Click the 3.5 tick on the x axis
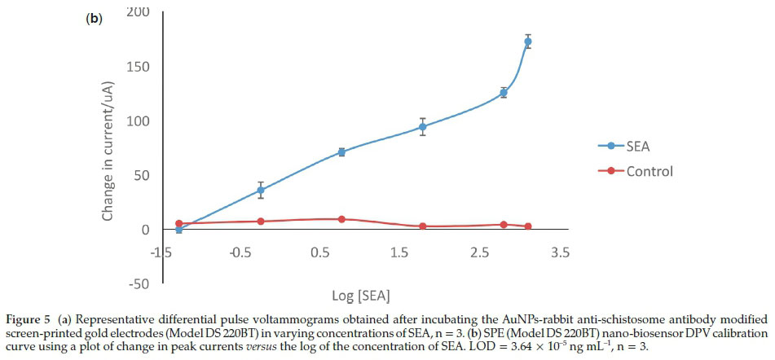(560, 252)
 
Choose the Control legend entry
(650, 171)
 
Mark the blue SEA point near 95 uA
(422, 126)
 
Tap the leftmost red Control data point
(178, 223)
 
